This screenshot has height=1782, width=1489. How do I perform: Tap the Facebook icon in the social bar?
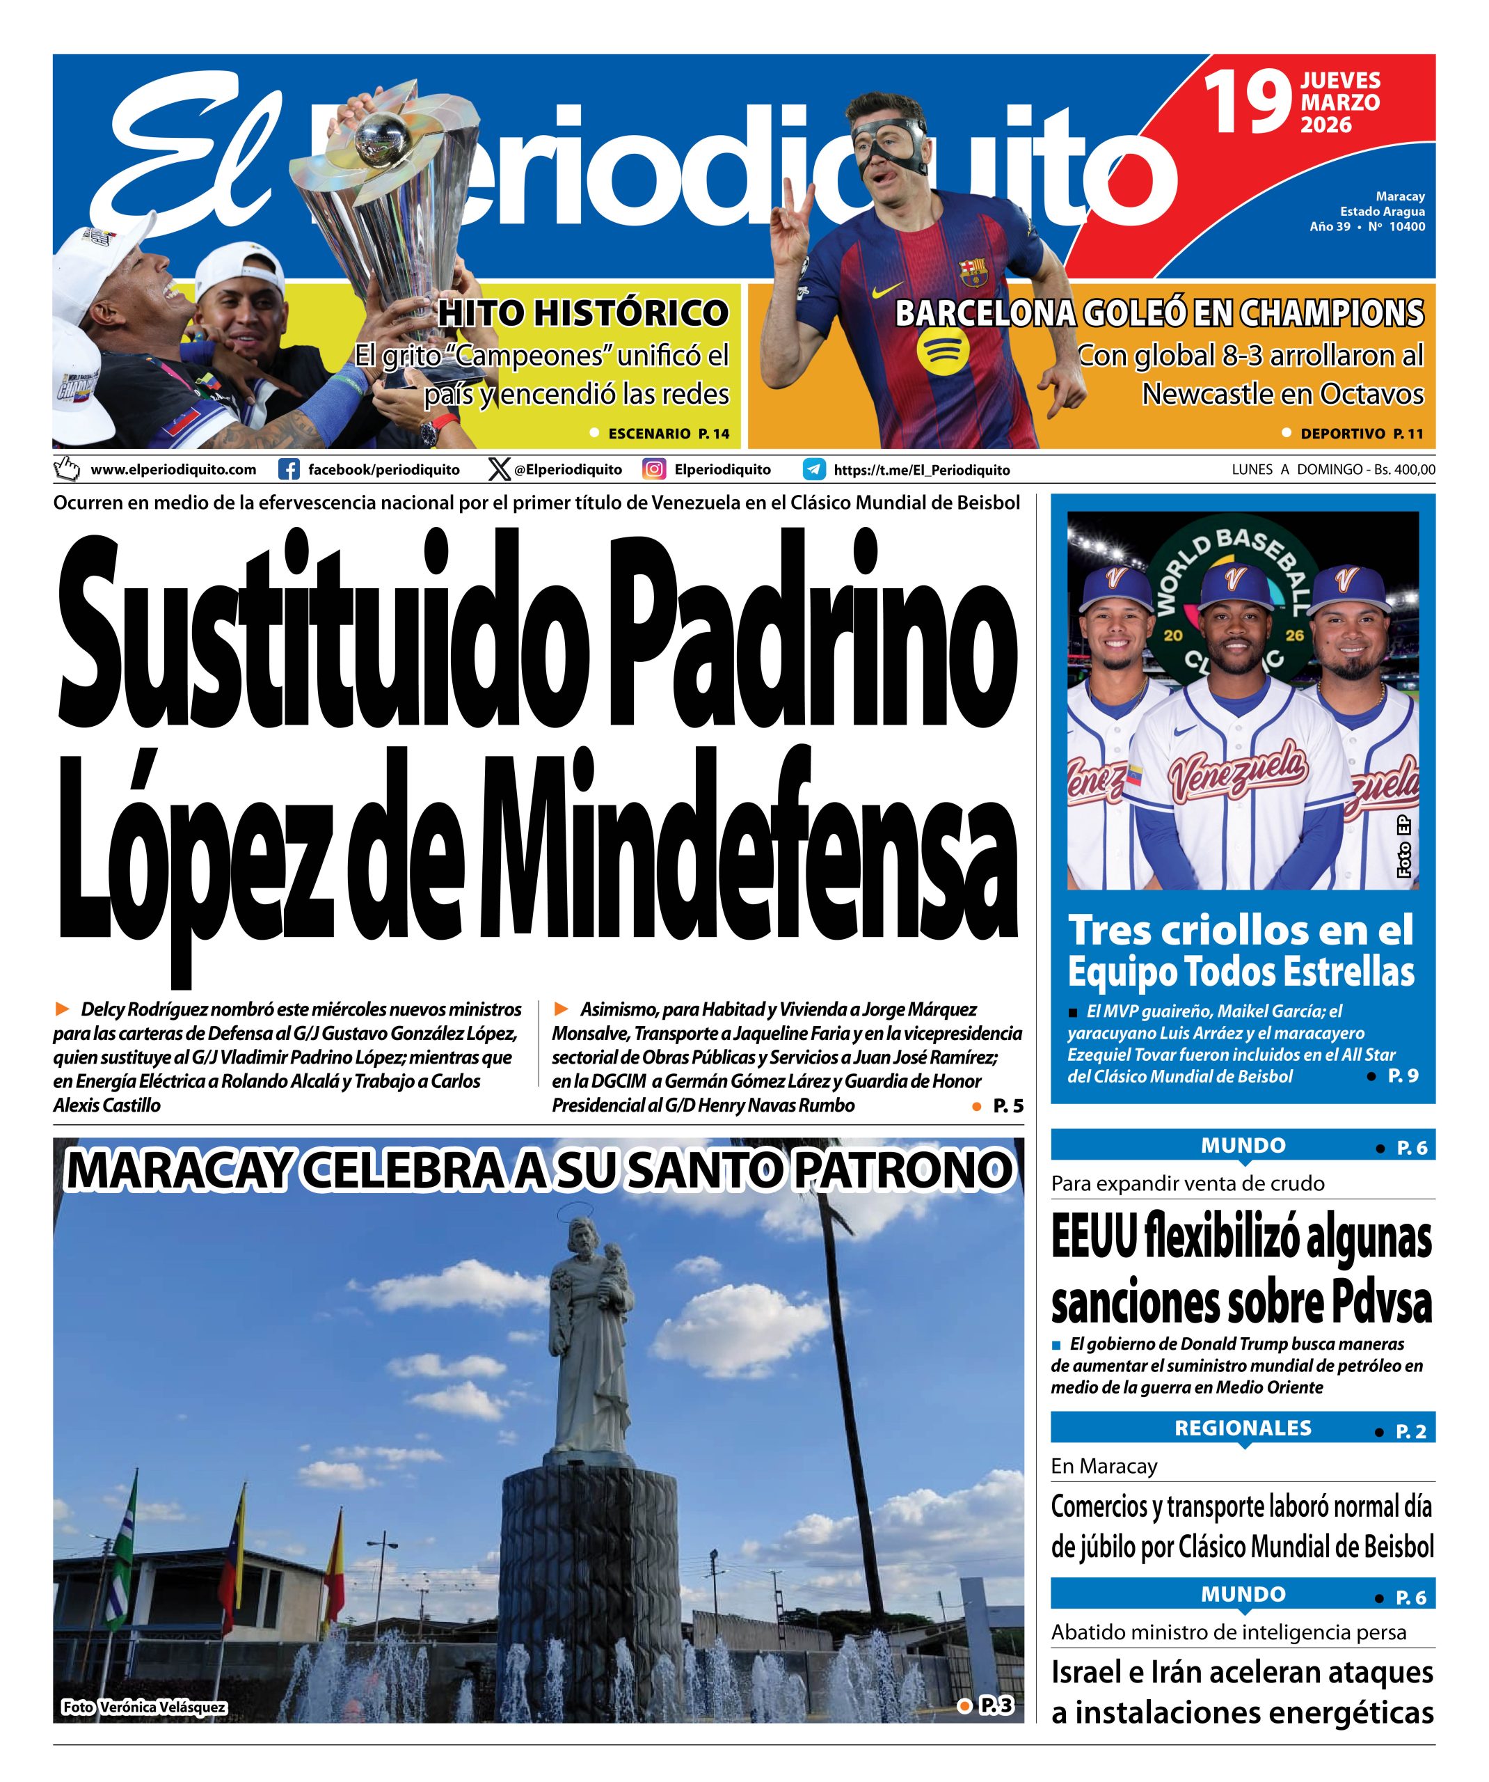coord(289,469)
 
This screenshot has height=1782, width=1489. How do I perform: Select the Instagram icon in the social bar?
coord(653,469)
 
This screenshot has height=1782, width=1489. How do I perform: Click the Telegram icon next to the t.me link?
coord(815,469)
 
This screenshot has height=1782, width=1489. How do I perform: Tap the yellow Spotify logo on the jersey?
coord(940,350)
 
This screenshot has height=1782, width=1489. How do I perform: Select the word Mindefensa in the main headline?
coord(747,849)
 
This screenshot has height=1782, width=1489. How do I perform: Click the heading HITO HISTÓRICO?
coord(583,314)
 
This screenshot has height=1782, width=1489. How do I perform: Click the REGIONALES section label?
coord(1242,1428)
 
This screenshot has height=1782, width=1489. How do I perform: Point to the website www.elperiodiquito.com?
coord(173,469)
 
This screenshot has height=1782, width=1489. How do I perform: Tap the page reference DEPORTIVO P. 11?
coord(1361,434)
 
